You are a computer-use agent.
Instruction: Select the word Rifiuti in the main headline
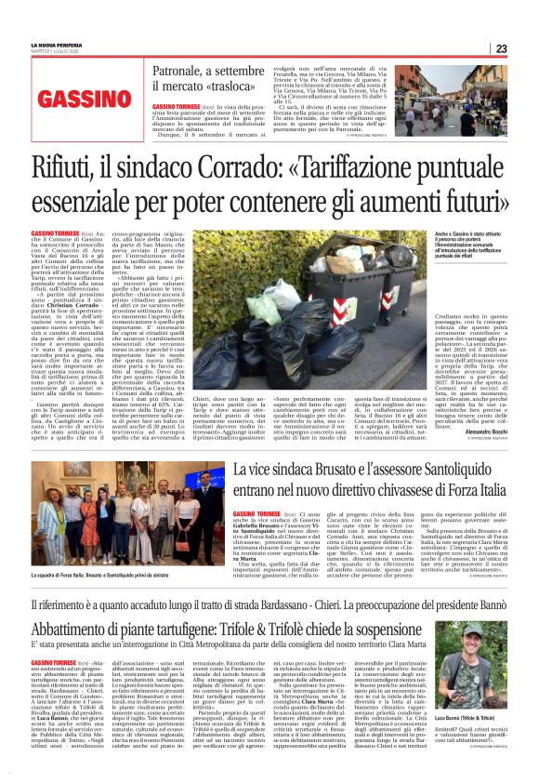[67, 169]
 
